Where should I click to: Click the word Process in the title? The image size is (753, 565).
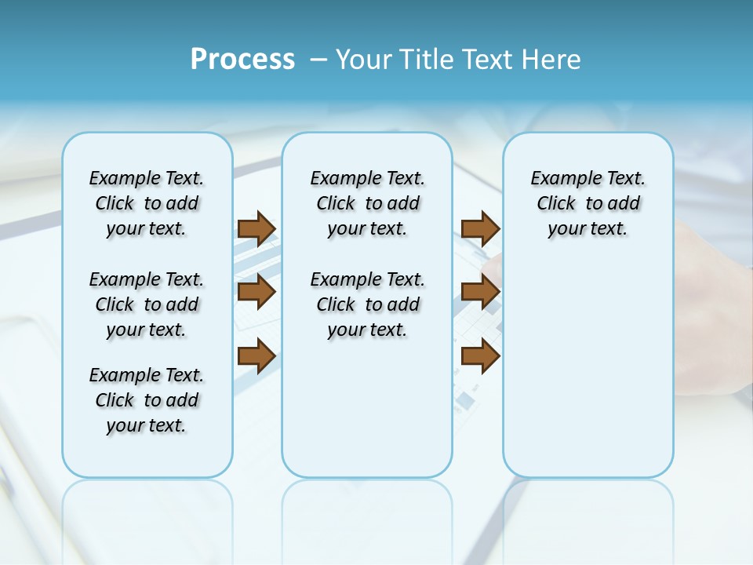tap(242, 60)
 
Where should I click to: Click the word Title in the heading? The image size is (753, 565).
tap(428, 60)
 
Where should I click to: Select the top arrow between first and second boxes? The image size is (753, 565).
tap(256, 228)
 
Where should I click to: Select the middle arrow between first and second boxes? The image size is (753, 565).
tap(256, 292)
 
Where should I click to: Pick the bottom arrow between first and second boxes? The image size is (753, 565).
tap(256, 355)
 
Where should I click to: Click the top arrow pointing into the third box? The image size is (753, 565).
tap(480, 228)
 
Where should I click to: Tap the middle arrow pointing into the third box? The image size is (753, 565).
tap(480, 292)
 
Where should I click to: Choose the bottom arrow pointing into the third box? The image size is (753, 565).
tap(480, 355)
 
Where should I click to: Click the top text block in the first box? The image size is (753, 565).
tap(147, 203)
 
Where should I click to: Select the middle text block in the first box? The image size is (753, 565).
tap(147, 304)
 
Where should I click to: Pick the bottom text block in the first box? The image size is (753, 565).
tap(147, 400)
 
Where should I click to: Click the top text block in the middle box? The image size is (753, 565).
tap(367, 203)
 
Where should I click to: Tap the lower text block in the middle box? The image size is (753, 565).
tap(367, 304)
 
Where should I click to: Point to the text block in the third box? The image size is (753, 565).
tap(587, 203)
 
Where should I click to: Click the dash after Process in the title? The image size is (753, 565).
tap(318, 60)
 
